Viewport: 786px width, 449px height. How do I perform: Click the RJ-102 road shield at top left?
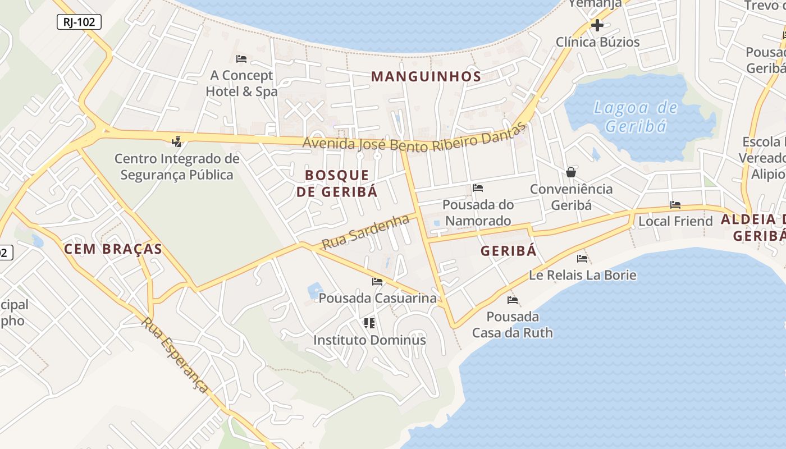tap(79, 22)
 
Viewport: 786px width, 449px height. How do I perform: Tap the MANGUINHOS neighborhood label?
tap(426, 76)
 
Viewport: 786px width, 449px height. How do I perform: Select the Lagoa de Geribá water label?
tap(636, 116)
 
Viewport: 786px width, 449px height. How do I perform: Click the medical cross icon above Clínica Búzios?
tap(597, 25)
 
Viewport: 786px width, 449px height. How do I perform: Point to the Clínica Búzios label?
tap(597, 42)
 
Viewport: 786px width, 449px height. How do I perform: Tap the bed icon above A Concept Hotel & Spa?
tap(241, 59)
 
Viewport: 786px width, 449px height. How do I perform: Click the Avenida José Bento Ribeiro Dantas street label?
tap(416, 140)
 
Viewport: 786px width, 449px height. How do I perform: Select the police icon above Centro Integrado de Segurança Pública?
tap(177, 141)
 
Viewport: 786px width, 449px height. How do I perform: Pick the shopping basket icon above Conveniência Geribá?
tap(571, 172)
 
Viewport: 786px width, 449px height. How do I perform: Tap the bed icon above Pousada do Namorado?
tap(478, 188)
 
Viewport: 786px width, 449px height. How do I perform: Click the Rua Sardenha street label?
tap(365, 232)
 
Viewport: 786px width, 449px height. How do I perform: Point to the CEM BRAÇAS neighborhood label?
tap(113, 249)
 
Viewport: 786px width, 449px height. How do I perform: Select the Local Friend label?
tap(675, 221)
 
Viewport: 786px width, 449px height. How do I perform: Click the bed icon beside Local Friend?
tap(675, 205)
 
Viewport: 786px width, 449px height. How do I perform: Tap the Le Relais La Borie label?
tap(583, 275)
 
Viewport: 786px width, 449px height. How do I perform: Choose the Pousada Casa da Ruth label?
tap(512, 324)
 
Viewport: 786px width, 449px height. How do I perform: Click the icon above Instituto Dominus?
tap(369, 323)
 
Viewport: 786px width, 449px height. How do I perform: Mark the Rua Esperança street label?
tap(175, 355)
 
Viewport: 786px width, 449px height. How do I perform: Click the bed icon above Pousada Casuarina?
tap(377, 282)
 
